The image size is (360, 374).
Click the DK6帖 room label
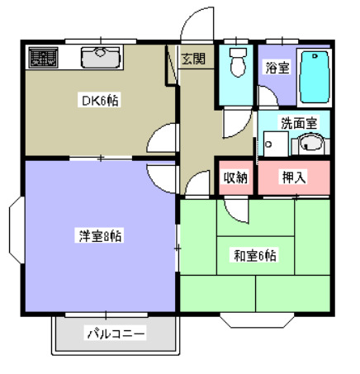pos(99,102)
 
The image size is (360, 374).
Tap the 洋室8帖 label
pos(101,236)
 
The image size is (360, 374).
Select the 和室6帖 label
pos(254,255)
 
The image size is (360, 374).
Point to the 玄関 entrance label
pos(193,59)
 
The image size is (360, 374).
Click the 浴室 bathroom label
pos(277,68)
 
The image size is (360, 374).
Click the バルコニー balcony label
pos(116,334)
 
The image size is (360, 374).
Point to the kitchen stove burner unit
pos(42,57)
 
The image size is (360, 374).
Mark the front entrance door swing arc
pos(197,23)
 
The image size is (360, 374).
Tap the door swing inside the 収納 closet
pos(239,206)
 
